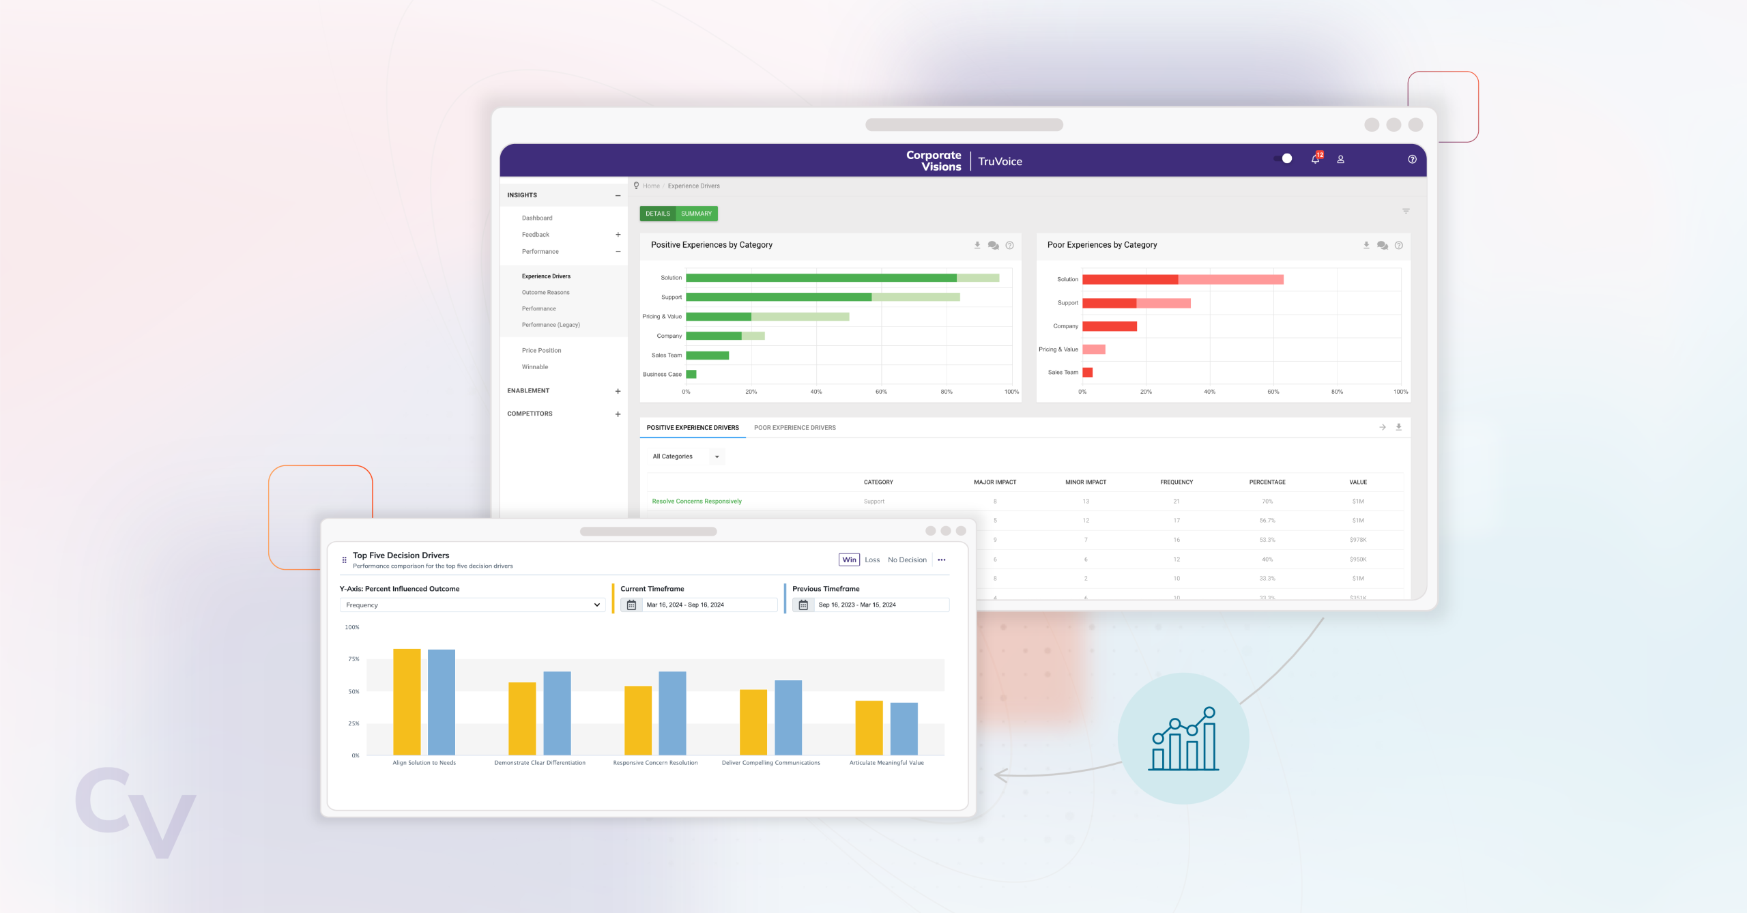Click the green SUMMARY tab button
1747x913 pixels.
696,214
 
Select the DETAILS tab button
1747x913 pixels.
657,214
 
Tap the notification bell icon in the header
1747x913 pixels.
1315,159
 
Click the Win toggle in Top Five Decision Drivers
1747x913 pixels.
849,560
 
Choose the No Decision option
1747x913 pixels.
907,560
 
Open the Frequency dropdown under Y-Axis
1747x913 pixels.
472,605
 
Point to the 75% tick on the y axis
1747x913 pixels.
353,659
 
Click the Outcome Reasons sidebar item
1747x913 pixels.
545,292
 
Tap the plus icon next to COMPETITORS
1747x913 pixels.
618,414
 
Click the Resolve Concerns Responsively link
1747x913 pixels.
696,501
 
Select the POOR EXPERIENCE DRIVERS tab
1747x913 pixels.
794,428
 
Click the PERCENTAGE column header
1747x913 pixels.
1267,482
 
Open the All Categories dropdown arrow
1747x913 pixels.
717,456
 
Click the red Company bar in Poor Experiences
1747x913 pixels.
1109,326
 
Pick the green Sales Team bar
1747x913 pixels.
707,355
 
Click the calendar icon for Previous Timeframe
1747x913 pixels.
803,605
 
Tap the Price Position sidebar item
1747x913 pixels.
541,350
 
